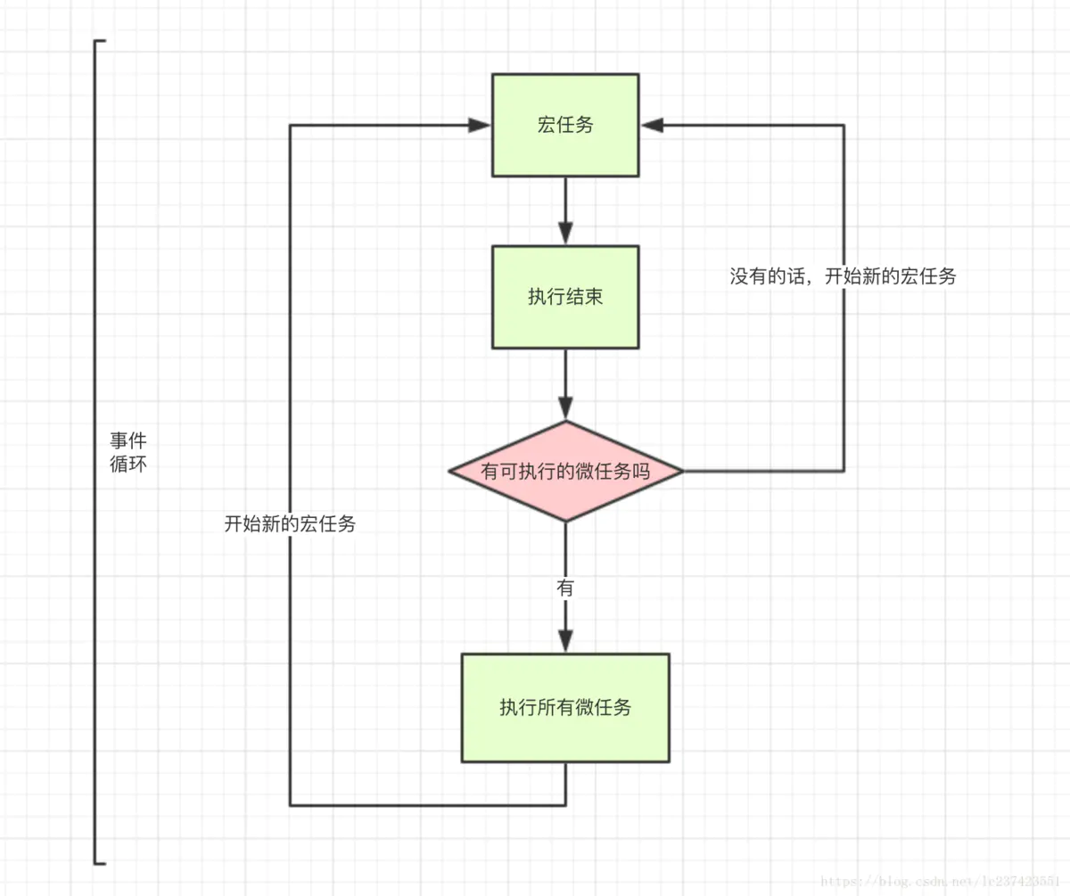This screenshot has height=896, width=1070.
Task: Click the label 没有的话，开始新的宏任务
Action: coord(843,276)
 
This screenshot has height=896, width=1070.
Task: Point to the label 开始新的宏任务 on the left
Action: coord(290,524)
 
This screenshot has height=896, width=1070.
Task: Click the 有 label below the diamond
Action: coord(565,588)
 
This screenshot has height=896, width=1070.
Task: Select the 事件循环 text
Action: coord(128,452)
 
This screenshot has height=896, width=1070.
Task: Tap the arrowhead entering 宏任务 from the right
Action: coord(651,126)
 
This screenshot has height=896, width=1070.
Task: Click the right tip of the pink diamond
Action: coord(681,471)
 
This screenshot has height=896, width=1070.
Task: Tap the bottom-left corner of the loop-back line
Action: coord(291,805)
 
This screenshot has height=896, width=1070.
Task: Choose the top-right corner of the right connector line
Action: coord(844,126)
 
